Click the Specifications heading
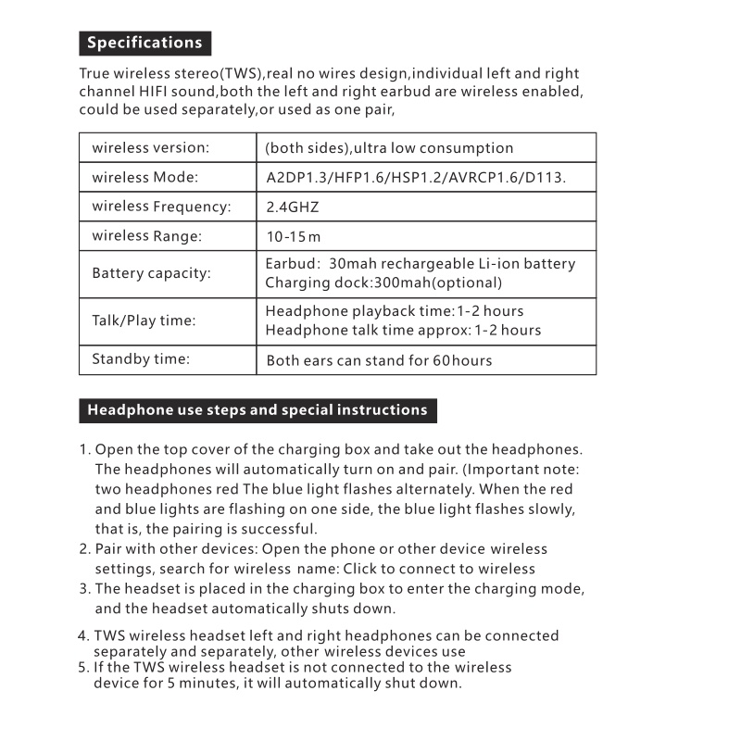pyautogui.click(x=144, y=43)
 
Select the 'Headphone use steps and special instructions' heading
pyautogui.click(x=257, y=410)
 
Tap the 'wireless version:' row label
pyautogui.click(x=150, y=148)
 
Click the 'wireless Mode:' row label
pyautogui.click(x=145, y=177)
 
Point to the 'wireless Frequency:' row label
pyautogui.click(x=161, y=207)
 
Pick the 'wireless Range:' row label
pyautogui.click(x=146, y=236)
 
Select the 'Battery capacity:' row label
pyautogui.click(x=151, y=274)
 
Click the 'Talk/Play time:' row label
pyautogui.click(x=144, y=321)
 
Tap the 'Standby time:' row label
pyautogui.click(x=140, y=359)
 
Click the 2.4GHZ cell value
pyautogui.click(x=292, y=207)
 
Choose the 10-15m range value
pyautogui.click(x=293, y=237)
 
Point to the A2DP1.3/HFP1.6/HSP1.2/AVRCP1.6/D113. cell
pyautogui.click(x=416, y=178)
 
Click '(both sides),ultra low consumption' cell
pyautogui.click(x=389, y=148)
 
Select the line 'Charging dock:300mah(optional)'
pyautogui.click(x=383, y=283)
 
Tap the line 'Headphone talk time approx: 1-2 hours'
pyautogui.click(x=403, y=331)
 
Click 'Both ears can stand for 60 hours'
pyautogui.click(x=379, y=360)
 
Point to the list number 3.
pyautogui.click(x=84, y=589)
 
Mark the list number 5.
pyautogui.click(x=83, y=667)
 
